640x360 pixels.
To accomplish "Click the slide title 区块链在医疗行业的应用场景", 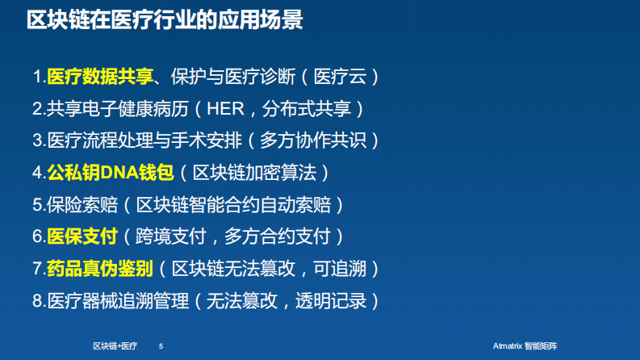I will tap(165, 20).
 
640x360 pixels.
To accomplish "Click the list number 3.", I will tap(37, 140).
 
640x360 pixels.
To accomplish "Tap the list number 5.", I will tap(37, 204).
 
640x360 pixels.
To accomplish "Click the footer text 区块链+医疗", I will tap(115, 345).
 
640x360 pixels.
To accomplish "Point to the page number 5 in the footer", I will tap(161, 345).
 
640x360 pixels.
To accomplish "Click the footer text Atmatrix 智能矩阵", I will tap(525, 345).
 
